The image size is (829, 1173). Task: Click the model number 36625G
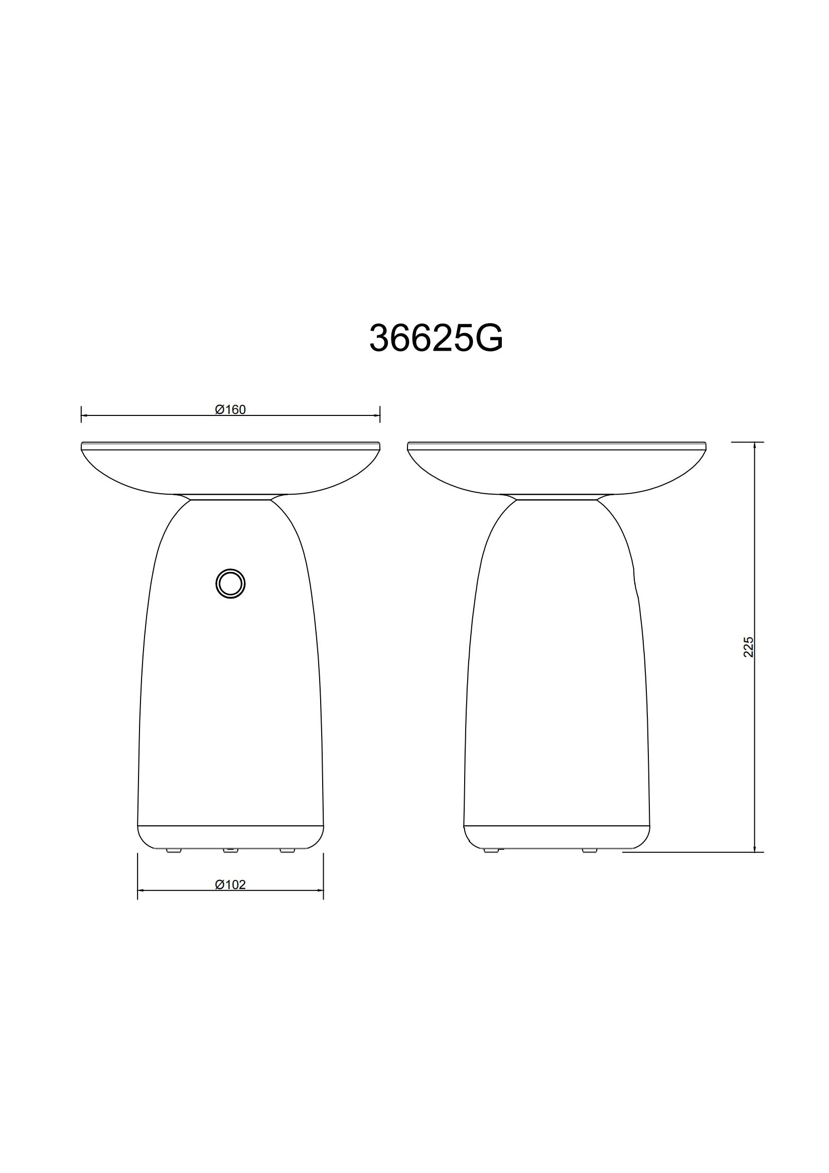click(436, 338)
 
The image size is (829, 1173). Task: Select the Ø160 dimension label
click(230, 409)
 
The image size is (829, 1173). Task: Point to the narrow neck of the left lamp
click(230, 497)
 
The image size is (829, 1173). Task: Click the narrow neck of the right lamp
click(556, 497)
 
